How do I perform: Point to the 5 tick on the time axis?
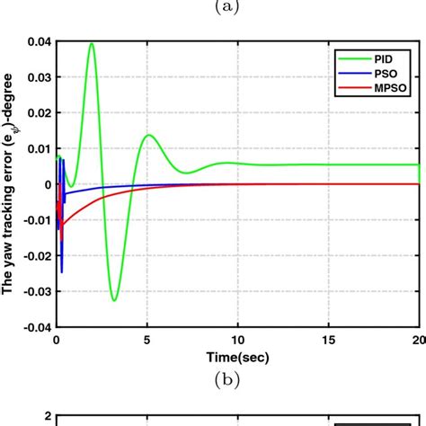pos(146,340)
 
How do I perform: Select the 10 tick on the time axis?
pos(237,340)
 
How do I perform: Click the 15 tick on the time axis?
pos(328,340)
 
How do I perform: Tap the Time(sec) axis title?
pos(237,355)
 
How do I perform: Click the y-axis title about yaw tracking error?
pos(11,184)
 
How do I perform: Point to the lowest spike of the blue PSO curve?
pos(62,271)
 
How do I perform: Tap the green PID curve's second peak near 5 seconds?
pos(148,136)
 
